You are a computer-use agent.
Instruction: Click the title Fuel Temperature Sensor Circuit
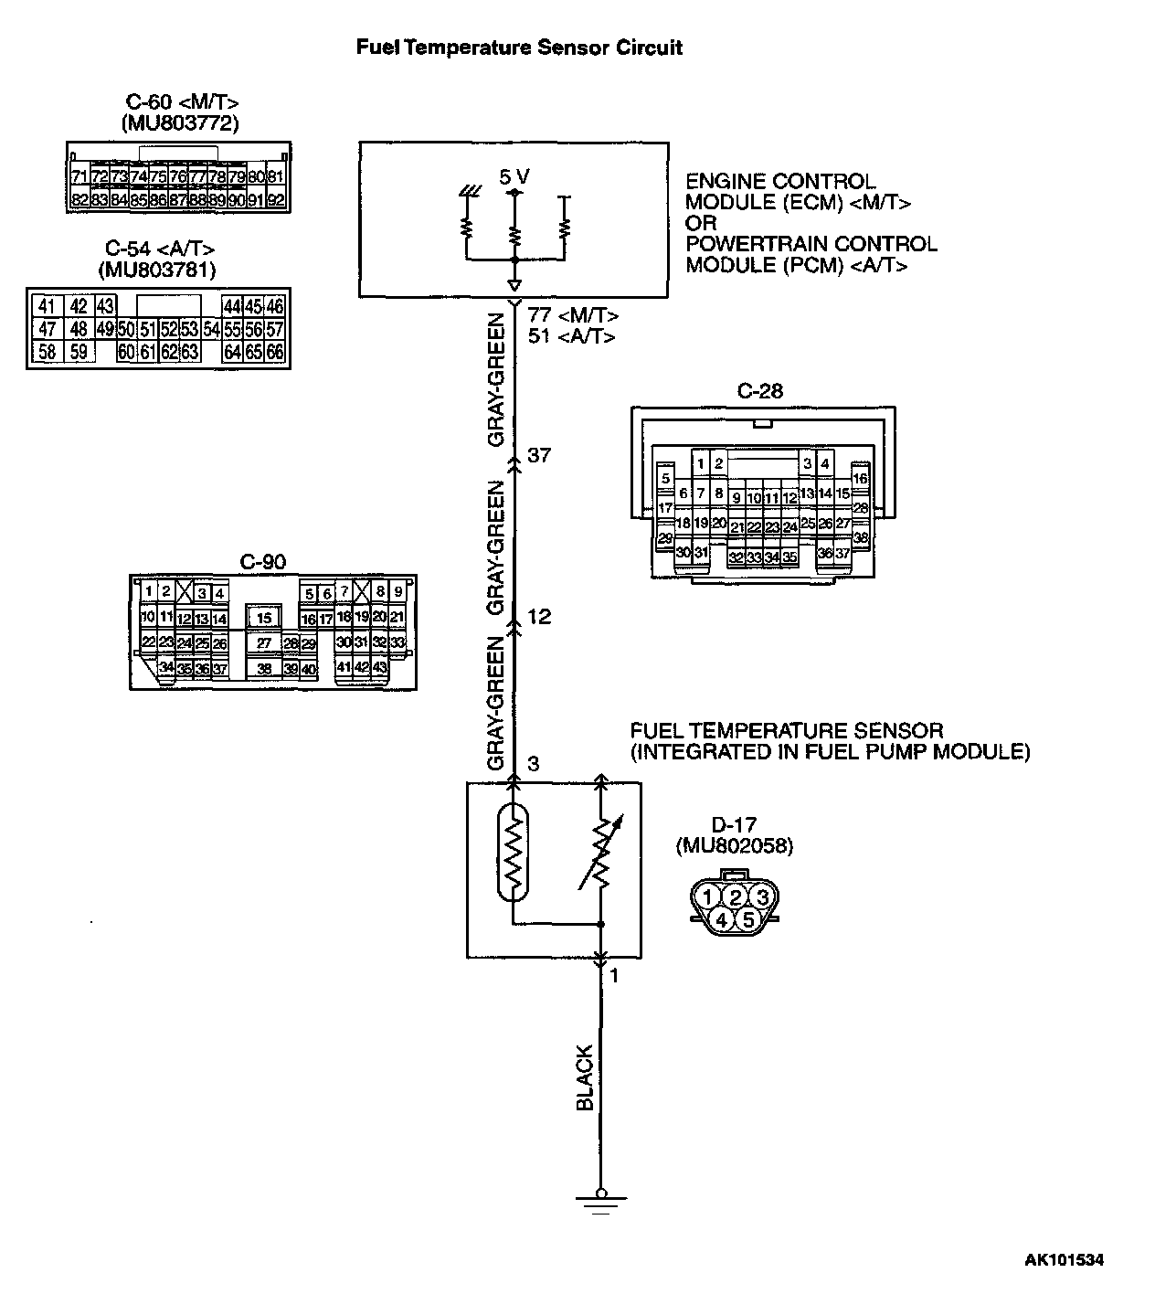pos(519,48)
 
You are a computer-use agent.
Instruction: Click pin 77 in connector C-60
pos(217,176)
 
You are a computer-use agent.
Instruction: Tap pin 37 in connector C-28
pos(842,553)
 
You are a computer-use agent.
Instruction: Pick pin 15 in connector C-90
pos(263,619)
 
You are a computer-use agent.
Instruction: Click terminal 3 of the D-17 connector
pos(760,897)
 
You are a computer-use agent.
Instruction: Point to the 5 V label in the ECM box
pos(514,176)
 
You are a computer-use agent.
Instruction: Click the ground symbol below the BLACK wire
pos(600,1201)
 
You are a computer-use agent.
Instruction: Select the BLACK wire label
pos(585,1078)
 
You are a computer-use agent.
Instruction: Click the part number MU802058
pos(734,845)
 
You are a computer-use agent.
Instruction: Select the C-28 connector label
pos(760,391)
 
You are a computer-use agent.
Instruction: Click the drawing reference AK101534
pos(1063,1260)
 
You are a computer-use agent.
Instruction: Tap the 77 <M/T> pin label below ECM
pos(573,316)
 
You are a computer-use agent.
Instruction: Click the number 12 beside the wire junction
pos(539,617)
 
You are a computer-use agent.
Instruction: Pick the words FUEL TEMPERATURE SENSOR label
pos(786,731)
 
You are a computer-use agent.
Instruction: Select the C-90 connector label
pos(262,562)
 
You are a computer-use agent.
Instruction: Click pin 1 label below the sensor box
pos(614,976)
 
